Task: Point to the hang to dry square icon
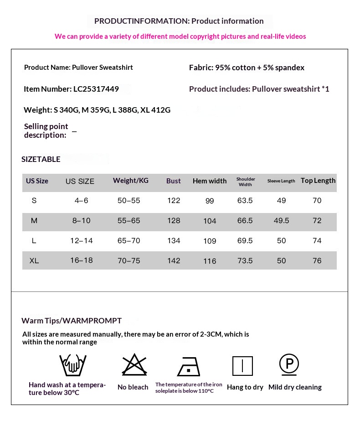point(242,366)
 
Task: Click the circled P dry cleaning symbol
point(289,364)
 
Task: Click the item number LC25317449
point(96,89)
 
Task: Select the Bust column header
point(174,181)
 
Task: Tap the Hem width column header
point(210,181)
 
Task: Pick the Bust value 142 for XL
point(174,261)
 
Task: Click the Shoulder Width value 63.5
point(245,201)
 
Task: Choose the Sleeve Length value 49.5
point(281,221)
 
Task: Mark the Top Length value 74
point(317,241)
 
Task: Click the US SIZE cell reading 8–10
point(81,221)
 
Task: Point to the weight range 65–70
point(129,241)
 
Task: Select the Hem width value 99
point(210,201)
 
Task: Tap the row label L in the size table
point(34,241)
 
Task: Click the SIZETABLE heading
point(41,159)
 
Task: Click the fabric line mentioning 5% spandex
point(247,68)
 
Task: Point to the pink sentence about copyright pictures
point(180,36)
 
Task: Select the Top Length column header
point(318,181)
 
